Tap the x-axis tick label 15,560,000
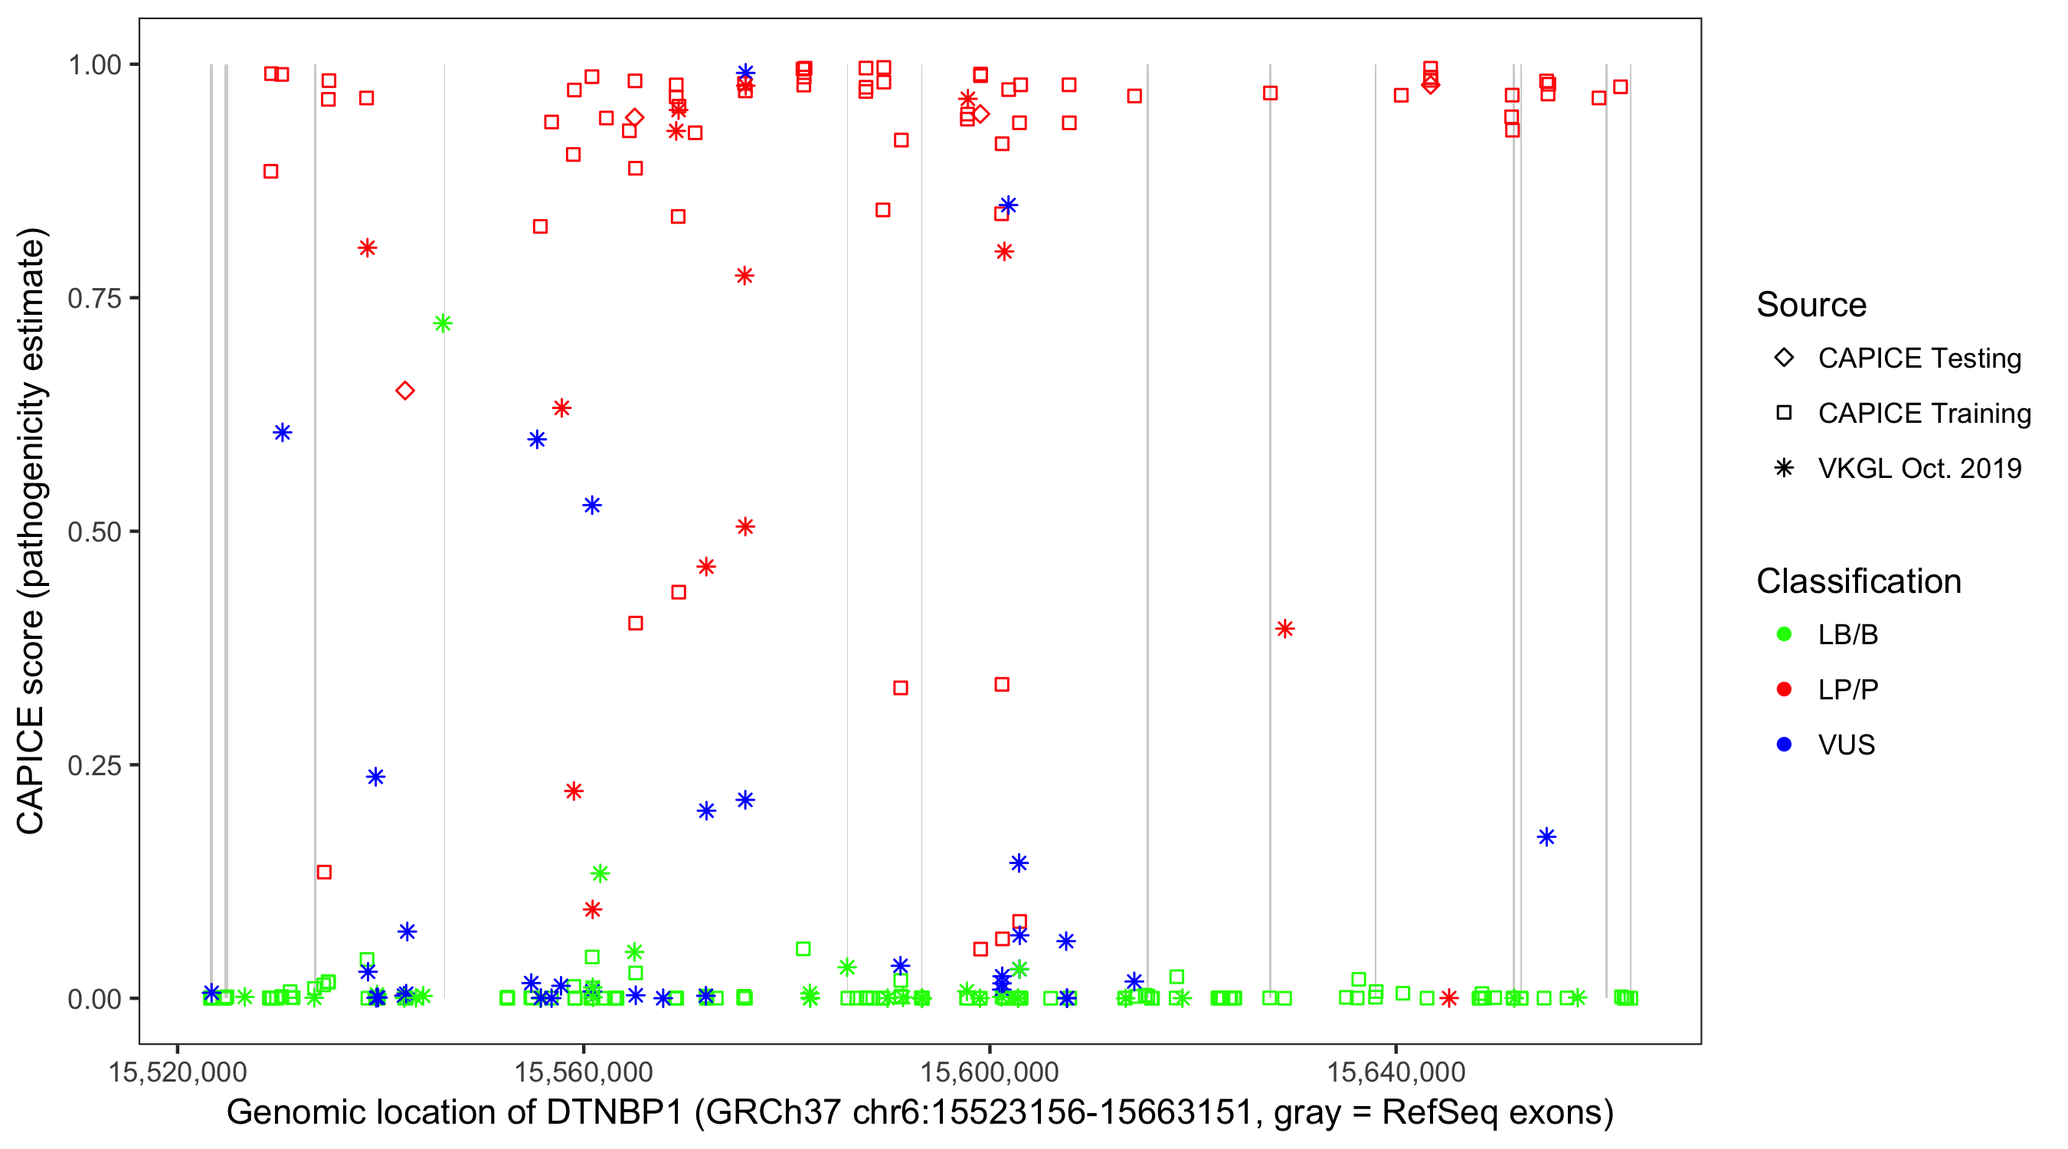point(584,1072)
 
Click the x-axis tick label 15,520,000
point(178,1072)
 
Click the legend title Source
point(1811,304)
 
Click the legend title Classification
point(1858,581)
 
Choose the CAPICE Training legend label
point(1924,413)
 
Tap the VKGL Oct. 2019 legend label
point(1919,468)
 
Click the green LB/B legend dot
point(1784,634)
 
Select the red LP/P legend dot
point(1784,689)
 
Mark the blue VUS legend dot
point(1784,745)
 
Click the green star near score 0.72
point(443,323)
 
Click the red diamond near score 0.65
point(405,391)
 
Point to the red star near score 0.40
point(1284,629)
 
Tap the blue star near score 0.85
point(1008,205)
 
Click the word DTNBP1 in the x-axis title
point(614,1113)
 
